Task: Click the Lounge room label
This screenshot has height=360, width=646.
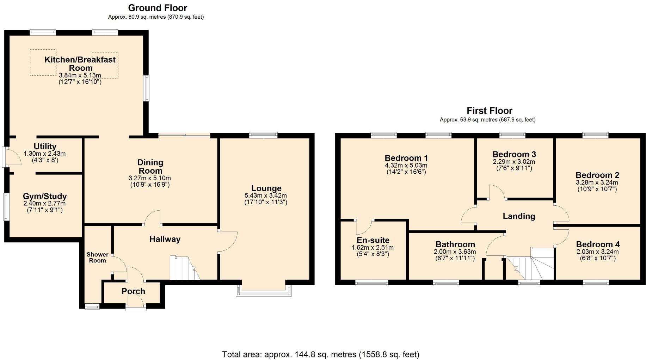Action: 266,188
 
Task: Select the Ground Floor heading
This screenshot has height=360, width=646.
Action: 158,8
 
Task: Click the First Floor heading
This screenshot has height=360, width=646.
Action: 489,111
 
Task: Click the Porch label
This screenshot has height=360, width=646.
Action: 133,291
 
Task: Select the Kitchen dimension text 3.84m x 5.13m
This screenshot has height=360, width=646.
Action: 80,75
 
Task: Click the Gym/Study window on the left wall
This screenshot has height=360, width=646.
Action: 6,207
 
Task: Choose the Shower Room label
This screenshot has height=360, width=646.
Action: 97,257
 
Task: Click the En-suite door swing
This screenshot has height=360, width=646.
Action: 364,227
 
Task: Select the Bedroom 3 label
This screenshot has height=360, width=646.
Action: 514,154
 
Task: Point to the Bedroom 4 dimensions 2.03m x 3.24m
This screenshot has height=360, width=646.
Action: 597,252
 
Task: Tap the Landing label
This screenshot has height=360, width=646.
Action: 519,216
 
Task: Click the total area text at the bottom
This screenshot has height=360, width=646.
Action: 321,354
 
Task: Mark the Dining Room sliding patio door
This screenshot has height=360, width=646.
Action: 184,135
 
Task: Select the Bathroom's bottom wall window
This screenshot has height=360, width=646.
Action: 446,282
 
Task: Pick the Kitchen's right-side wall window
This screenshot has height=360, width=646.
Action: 146,88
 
